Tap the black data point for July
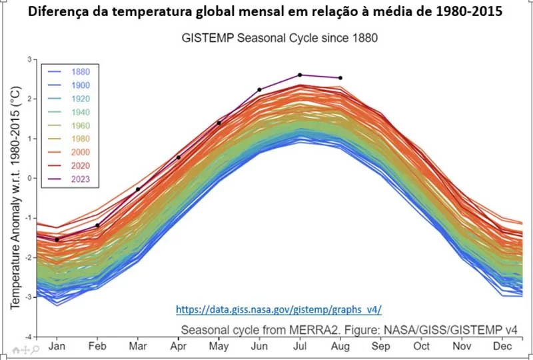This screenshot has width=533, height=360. (x=300, y=75)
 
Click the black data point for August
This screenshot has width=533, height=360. (x=340, y=78)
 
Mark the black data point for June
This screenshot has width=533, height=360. (x=259, y=89)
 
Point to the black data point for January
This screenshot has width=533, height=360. (x=57, y=239)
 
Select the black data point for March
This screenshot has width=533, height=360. (x=138, y=189)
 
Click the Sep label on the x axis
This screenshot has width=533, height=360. (x=381, y=347)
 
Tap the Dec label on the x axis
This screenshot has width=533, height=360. (x=503, y=347)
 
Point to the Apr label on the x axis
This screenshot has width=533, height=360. (x=179, y=347)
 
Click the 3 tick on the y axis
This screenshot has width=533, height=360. (x=29, y=60)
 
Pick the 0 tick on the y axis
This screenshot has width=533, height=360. (x=29, y=179)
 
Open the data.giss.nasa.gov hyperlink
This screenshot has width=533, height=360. (x=278, y=310)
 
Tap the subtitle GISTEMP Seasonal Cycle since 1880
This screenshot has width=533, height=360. (x=280, y=38)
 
